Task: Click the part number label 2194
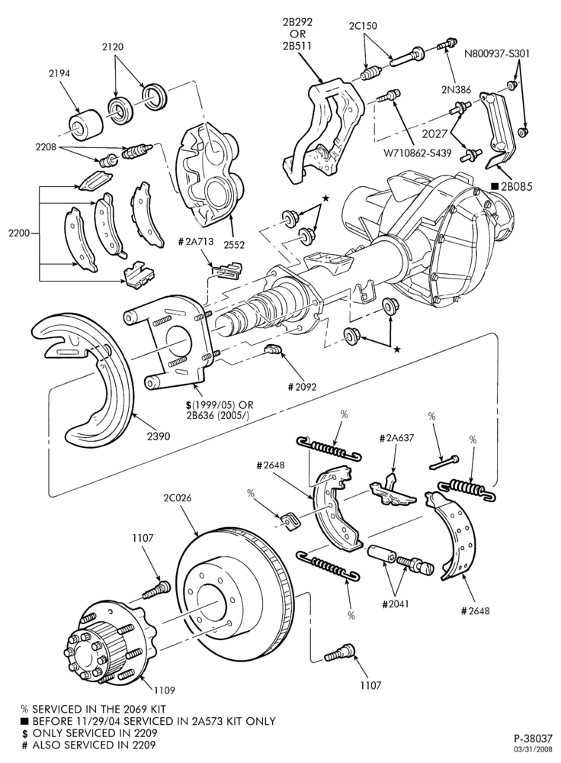tap(59, 73)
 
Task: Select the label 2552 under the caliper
tap(234, 245)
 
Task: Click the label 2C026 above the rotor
tap(177, 498)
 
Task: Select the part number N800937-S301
tap(496, 53)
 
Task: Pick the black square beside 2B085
tap(495, 186)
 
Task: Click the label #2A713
tap(195, 242)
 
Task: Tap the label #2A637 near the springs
tap(396, 438)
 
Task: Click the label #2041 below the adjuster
tap(396, 604)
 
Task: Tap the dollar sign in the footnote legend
tap(24, 733)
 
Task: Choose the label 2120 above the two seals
tap(113, 47)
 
